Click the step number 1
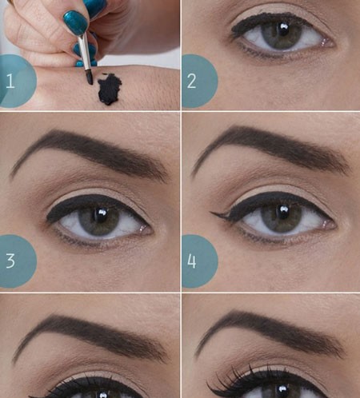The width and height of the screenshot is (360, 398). pyautogui.click(x=10, y=81)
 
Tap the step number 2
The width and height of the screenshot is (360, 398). pyautogui.click(x=192, y=81)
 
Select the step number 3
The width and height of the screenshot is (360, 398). pyautogui.click(x=10, y=261)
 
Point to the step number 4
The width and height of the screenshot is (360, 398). pyautogui.click(x=192, y=261)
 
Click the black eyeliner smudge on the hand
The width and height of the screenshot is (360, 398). pyautogui.click(x=109, y=90)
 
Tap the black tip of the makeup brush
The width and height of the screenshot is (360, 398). pyautogui.click(x=90, y=78)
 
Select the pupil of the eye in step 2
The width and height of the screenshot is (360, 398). pyautogui.click(x=283, y=30)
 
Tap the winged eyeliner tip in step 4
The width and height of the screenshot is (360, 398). pyautogui.click(x=211, y=213)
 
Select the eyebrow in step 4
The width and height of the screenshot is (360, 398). pyautogui.click(x=270, y=150)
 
